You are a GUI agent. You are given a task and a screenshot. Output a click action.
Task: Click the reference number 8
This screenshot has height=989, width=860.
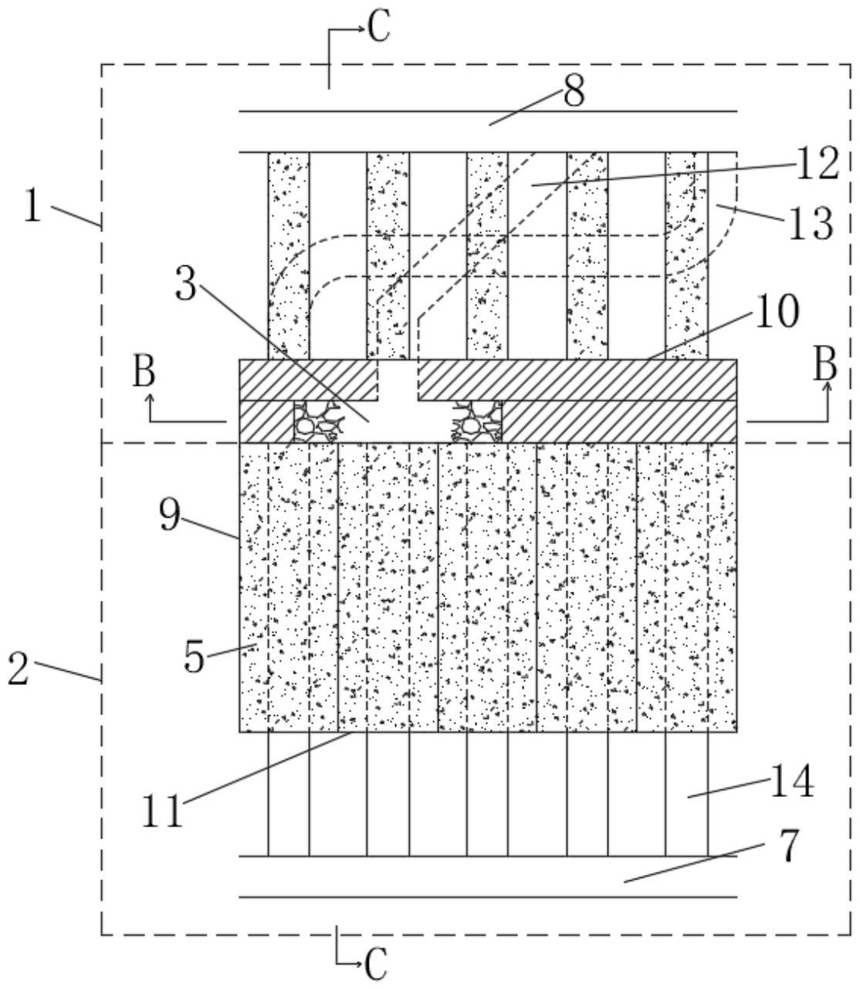574,91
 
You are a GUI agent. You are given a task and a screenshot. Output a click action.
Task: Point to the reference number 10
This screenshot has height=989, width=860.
777,312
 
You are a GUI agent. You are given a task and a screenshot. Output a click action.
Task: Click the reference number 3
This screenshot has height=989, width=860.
186,284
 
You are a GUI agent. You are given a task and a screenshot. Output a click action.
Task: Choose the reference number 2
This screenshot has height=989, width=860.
19,668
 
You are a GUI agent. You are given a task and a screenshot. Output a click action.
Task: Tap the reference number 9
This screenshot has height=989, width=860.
170,515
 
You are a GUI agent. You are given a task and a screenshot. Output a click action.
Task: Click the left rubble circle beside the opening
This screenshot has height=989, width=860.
305,426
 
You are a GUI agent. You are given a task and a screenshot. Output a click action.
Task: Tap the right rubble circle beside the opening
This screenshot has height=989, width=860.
469,425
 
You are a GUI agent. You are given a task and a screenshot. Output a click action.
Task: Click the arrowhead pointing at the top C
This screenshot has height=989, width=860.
361,29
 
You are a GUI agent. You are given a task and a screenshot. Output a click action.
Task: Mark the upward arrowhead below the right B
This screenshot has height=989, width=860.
828,386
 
